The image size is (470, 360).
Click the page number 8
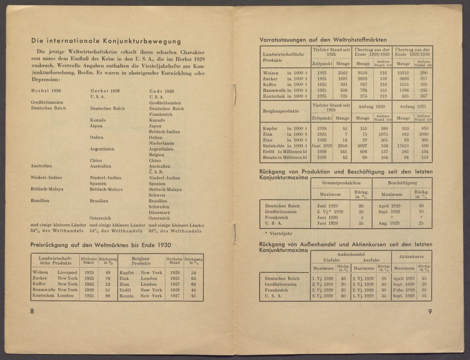coord(32,311)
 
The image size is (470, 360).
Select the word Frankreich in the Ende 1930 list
coord(160,114)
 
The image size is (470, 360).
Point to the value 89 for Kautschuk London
coord(108,295)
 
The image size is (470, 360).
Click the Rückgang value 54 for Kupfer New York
coord(194,273)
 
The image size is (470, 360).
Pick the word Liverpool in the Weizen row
coord(67,273)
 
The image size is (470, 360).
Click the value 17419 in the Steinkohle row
coord(403,146)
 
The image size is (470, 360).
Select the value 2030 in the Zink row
coord(425,134)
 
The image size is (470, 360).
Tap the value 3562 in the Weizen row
coord(342,73)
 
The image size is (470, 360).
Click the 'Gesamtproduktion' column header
coord(341,183)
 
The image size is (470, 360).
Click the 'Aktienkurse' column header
coord(411,257)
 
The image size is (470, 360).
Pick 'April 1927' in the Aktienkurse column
coord(404,279)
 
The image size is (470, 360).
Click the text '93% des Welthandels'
coord(176,231)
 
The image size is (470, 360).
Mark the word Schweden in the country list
coord(159,207)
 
